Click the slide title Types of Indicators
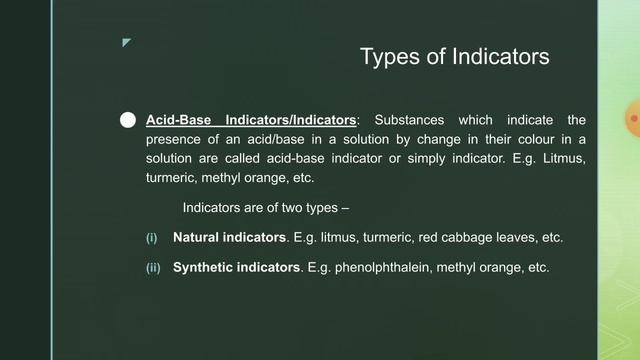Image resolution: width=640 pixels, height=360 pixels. click(x=454, y=57)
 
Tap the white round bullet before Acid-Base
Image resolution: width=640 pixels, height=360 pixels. click(x=127, y=120)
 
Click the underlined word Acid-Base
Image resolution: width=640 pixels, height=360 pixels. click(x=175, y=120)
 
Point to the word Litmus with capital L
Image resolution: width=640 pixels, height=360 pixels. click(x=564, y=159)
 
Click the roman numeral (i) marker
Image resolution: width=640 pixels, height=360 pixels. click(x=152, y=238)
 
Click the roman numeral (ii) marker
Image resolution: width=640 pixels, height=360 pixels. click(x=153, y=268)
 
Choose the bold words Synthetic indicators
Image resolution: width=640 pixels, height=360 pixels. click(x=236, y=268)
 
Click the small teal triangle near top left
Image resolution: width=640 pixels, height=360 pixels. click(x=126, y=43)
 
